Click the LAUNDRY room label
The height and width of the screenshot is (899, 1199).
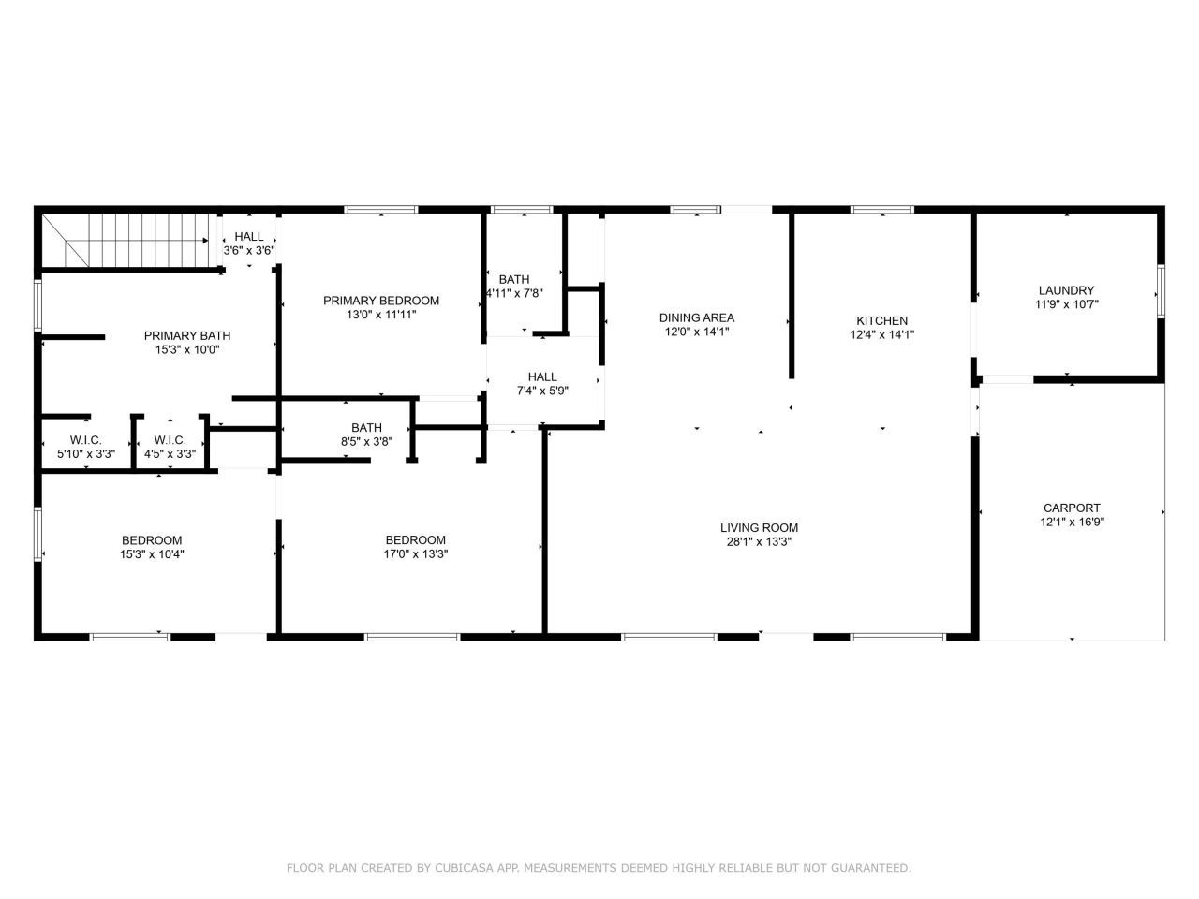[x=1066, y=290]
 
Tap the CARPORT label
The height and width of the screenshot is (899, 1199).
[x=1072, y=508]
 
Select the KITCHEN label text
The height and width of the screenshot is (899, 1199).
[x=881, y=320]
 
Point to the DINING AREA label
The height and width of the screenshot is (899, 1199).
[x=697, y=317]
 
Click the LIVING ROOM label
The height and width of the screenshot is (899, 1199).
[x=759, y=528]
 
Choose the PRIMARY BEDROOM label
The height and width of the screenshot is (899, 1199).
[x=380, y=301]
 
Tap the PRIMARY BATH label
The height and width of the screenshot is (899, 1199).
[x=186, y=335]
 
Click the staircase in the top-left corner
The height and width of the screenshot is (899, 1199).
[x=126, y=240]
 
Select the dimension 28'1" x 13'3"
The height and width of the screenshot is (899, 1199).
[x=759, y=542]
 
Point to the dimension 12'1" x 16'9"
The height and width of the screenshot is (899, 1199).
[x=1072, y=522]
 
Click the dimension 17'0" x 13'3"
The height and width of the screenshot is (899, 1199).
[x=416, y=554]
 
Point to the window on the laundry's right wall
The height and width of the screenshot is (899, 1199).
[x=1161, y=291]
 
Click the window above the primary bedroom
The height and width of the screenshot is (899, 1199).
[x=380, y=210]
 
